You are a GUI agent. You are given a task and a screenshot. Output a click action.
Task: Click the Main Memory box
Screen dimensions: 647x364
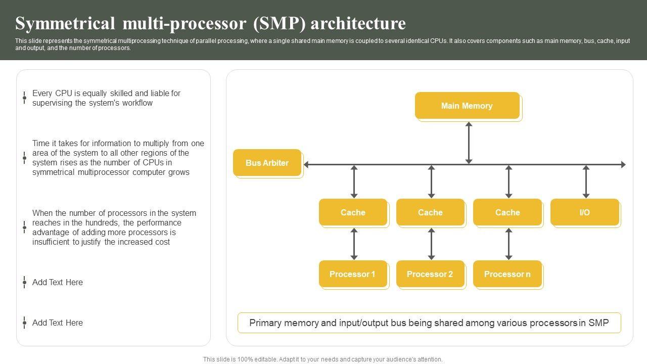pos(468,106)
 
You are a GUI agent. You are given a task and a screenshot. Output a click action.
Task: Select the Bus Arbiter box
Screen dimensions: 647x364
pos(267,163)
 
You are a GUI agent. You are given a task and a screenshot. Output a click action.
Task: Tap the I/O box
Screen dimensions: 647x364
pos(585,212)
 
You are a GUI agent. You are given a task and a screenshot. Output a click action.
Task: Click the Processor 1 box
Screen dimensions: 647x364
pos(353,274)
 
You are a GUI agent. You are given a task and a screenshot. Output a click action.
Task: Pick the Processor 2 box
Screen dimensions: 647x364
pos(430,274)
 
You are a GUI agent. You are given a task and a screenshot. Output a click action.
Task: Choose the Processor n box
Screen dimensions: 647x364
pos(507,274)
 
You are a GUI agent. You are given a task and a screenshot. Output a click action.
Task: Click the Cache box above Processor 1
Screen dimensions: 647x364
pos(353,212)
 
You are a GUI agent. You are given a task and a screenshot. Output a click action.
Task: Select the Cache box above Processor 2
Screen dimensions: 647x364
pos(430,212)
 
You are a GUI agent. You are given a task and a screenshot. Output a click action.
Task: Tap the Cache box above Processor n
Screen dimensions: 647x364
pos(507,212)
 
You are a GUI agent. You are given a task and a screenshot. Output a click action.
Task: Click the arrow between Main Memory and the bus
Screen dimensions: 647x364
pos(469,143)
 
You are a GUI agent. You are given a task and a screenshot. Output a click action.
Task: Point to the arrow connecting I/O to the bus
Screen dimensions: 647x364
pos(586,181)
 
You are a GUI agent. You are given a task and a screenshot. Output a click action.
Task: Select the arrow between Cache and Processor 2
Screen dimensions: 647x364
pos(431,244)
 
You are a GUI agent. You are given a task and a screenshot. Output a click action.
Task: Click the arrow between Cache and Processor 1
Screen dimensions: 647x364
pos(354,244)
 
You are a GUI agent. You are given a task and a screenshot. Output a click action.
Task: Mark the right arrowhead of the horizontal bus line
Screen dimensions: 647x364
pos(626,165)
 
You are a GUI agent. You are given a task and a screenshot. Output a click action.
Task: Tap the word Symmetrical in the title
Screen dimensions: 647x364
pos(65,23)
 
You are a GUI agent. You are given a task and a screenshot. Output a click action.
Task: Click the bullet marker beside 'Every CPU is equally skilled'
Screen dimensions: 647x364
pos(25,98)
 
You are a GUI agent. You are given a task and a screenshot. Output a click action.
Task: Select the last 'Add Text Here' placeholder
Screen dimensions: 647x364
pos(58,323)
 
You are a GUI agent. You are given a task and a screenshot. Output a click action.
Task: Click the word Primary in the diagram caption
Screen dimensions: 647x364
pos(265,323)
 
